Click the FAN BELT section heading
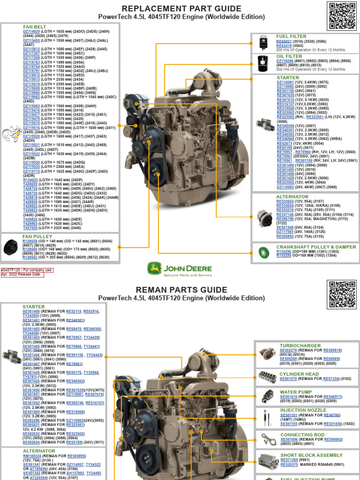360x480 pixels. [35, 27]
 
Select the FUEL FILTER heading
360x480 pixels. [291, 36]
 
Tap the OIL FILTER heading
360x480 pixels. [289, 56]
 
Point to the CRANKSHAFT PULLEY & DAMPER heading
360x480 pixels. [309, 247]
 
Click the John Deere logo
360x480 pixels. [180, 269]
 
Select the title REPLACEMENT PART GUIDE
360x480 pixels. [181, 9]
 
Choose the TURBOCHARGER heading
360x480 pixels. [300, 345]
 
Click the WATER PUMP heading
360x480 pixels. [295, 392]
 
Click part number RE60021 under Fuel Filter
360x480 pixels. [284, 41]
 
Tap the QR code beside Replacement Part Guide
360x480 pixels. [342, 16]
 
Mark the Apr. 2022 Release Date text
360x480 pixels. [22, 275]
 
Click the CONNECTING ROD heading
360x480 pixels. [302, 435]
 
